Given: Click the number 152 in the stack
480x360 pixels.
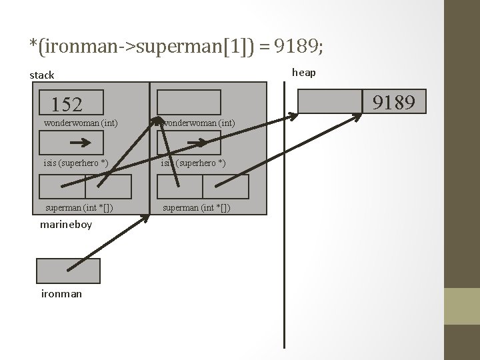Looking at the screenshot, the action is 67,105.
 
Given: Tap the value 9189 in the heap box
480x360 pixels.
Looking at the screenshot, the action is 394,102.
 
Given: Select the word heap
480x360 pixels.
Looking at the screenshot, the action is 304,72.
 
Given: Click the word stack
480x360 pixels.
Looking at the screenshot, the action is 42,75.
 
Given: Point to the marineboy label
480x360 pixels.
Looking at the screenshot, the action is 66,225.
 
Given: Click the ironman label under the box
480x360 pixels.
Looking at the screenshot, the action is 61,293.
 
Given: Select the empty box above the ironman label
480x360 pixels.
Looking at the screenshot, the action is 68,271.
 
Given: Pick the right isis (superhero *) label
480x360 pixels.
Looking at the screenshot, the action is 193,163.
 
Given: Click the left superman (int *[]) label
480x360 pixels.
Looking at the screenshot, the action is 79,208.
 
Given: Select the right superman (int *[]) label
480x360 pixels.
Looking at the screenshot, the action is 197,208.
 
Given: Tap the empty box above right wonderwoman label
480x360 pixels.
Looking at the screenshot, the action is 189,102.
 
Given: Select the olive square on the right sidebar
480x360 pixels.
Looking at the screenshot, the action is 461,306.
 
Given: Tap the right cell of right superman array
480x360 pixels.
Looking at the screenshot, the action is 234,187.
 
